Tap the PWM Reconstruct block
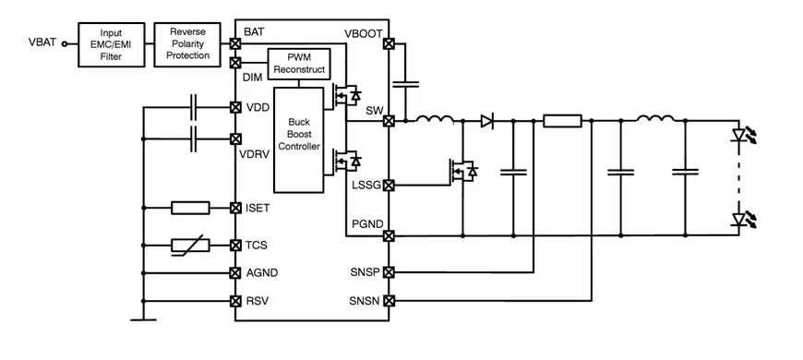click(297, 65)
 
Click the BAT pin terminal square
click(235, 42)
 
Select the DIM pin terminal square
click(235, 64)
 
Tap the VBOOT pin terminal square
click(389, 43)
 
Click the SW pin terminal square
click(389, 120)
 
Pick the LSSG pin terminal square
click(389, 186)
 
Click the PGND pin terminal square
click(389, 235)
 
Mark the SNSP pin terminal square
click(389, 272)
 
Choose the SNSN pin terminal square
click(389, 301)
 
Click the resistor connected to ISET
click(190, 208)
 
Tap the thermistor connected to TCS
click(190, 246)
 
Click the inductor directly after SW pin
click(433, 119)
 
